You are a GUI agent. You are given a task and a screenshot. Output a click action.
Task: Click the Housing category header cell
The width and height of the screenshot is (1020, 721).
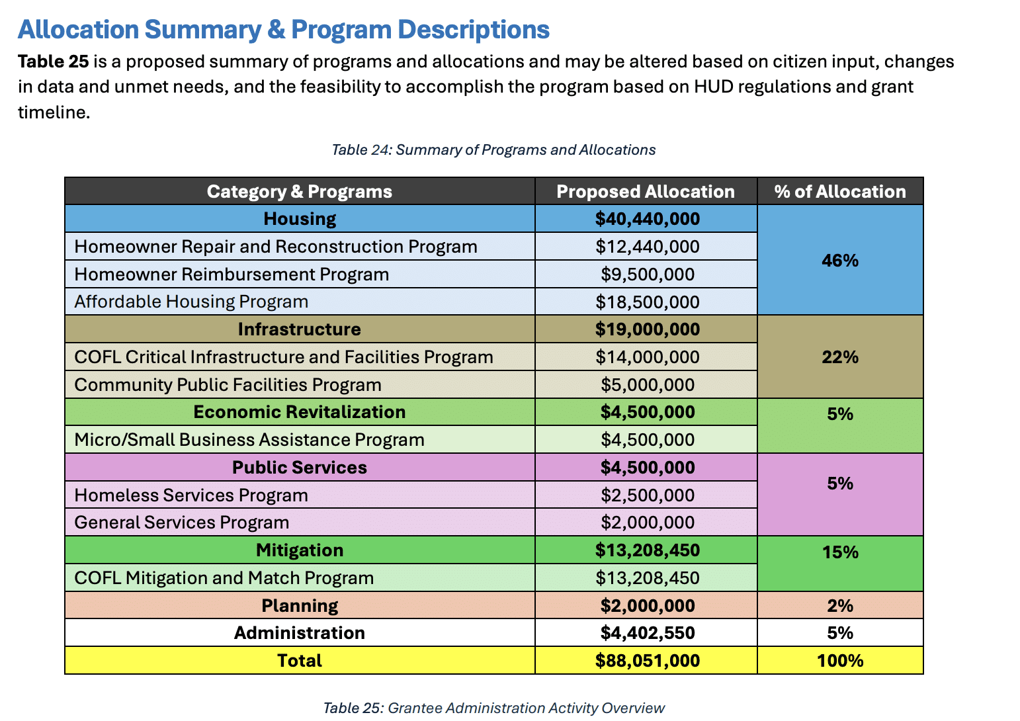tap(300, 219)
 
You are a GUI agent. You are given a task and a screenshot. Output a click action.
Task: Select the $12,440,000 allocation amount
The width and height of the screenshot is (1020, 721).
tap(647, 247)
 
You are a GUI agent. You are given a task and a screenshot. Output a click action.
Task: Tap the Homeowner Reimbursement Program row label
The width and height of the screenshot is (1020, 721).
tap(232, 275)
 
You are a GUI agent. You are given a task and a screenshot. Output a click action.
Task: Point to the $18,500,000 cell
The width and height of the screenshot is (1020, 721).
tap(647, 302)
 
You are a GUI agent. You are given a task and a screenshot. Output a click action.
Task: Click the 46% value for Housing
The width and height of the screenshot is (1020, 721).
tap(840, 260)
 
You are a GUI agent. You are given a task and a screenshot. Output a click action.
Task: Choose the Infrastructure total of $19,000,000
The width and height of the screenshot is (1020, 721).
tap(647, 329)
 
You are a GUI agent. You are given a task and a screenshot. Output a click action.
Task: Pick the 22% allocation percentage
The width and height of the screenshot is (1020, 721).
tap(840, 357)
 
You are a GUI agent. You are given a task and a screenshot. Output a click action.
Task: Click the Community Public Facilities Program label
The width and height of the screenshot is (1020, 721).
tap(228, 385)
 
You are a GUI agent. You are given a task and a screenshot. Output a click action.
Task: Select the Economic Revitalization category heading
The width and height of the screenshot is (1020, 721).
tap(300, 411)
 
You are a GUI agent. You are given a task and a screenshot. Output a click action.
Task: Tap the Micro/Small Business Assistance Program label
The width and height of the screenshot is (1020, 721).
tap(249, 440)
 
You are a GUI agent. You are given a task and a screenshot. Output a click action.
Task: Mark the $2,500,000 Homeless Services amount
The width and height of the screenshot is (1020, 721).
tap(647, 495)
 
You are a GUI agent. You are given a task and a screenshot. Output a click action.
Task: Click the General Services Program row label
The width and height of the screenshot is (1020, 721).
tap(182, 523)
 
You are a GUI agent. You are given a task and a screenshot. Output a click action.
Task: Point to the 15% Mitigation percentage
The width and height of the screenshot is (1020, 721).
tap(840, 552)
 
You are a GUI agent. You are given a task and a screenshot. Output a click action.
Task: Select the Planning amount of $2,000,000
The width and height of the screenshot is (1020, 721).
tap(647, 606)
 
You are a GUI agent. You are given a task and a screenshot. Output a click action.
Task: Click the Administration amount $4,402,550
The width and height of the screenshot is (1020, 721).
tap(647, 633)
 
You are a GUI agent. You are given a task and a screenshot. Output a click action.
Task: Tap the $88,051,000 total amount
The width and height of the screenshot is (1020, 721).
tap(647, 661)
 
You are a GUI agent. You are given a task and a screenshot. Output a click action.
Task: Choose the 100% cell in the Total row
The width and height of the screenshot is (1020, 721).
tap(840, 661)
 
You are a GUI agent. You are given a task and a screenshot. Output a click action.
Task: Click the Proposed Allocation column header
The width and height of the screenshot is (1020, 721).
tap(646, 192)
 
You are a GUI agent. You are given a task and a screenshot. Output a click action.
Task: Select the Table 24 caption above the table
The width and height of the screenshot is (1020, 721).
tap(493, 150)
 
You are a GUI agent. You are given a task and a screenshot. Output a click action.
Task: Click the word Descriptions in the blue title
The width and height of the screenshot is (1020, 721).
tap(474, 30)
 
